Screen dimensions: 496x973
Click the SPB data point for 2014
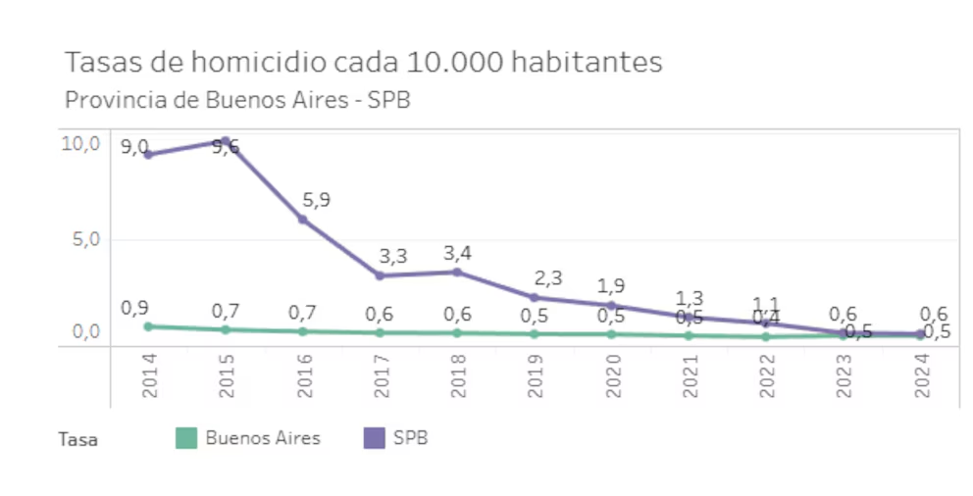point(148,154)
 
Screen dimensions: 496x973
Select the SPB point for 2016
point(303,220)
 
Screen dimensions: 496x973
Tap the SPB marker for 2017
point(380,275)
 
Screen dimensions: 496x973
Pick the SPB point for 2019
point(535,297)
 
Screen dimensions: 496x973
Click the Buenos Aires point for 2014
point(148,326)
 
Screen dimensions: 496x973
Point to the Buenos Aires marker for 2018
point(457,333)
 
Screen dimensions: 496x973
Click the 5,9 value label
point(316,200)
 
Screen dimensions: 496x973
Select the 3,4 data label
point(457,254)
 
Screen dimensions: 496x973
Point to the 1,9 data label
point(610,286)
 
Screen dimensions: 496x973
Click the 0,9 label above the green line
point(134,308)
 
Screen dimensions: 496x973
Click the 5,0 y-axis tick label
point(85,239)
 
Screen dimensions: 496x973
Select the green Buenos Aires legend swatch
point(185,438)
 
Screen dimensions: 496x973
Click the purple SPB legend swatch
point(374,438)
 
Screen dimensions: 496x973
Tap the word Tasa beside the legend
point(77,440)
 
